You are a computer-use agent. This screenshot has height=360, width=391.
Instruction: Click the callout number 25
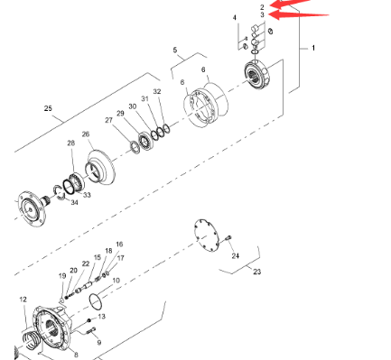(x=48, y=108)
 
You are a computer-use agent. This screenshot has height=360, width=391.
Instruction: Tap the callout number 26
(x=86, y=134)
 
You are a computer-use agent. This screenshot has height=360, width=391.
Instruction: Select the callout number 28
(x=71, y=143)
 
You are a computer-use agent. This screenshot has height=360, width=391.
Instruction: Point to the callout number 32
(x=157, y=92)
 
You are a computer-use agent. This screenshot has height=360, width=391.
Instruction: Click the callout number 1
(x=313, y=48)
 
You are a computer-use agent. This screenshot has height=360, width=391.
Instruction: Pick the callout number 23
(x=256, y=272)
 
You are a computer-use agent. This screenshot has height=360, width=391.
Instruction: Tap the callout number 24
(x=236, y=256)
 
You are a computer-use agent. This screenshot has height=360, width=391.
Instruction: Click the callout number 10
(x=116, y=281)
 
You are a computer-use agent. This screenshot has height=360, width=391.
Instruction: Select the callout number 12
(x=23, y=300)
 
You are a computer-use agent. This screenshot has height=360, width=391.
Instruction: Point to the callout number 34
(x=74, y=202)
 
